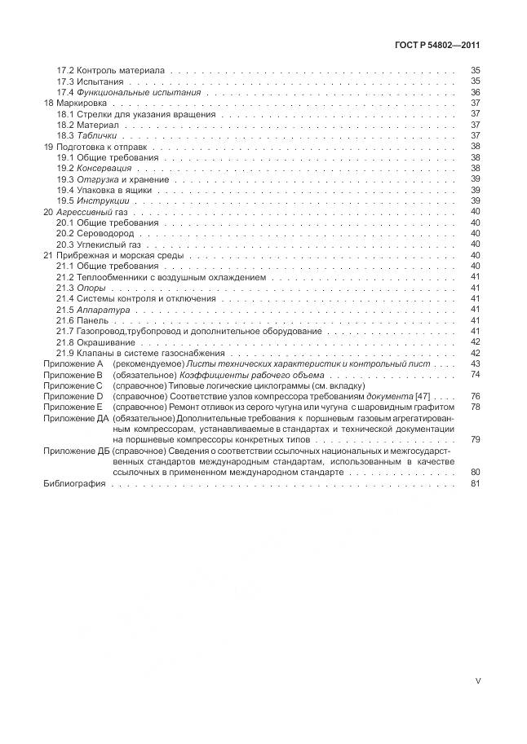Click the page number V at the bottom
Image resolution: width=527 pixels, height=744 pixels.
pyautogui.click(x=478, y=683)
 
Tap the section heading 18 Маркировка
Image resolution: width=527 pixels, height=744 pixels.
pyautogui.click(x=79, y=103)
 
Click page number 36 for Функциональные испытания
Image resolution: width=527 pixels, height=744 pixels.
pyautogui.click(x=475, y=92)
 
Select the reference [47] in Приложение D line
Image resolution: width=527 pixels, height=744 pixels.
pyautogui.click(x=423, y=395)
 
